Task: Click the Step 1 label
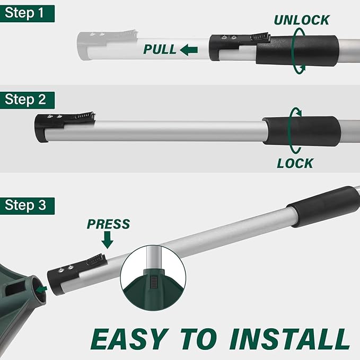(27, 14)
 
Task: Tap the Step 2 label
(27, 100)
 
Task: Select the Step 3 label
(27, 206)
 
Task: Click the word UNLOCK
(302, 20)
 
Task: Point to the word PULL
(160, 49)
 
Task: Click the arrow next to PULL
(189, 50)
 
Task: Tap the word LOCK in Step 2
(295, 163)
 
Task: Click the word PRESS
(108, 224)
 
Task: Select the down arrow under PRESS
(107, 240)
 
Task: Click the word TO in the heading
(199, 339)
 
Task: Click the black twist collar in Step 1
(297, 50)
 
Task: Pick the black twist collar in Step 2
(302, 131)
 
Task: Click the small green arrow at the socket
(42, 289)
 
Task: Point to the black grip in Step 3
(324, 206)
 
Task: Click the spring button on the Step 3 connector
(96, 260)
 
